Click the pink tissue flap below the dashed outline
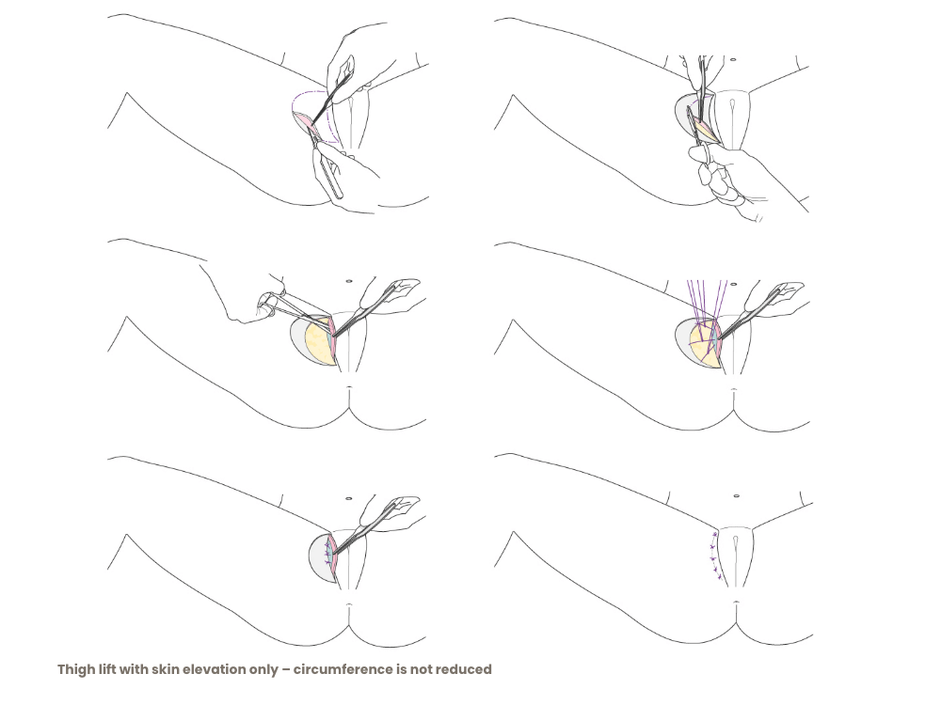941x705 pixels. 305,123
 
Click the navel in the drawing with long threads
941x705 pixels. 733,284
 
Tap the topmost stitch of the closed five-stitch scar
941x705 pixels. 715,534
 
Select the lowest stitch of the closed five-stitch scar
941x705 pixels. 719,578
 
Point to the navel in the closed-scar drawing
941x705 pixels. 736,496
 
